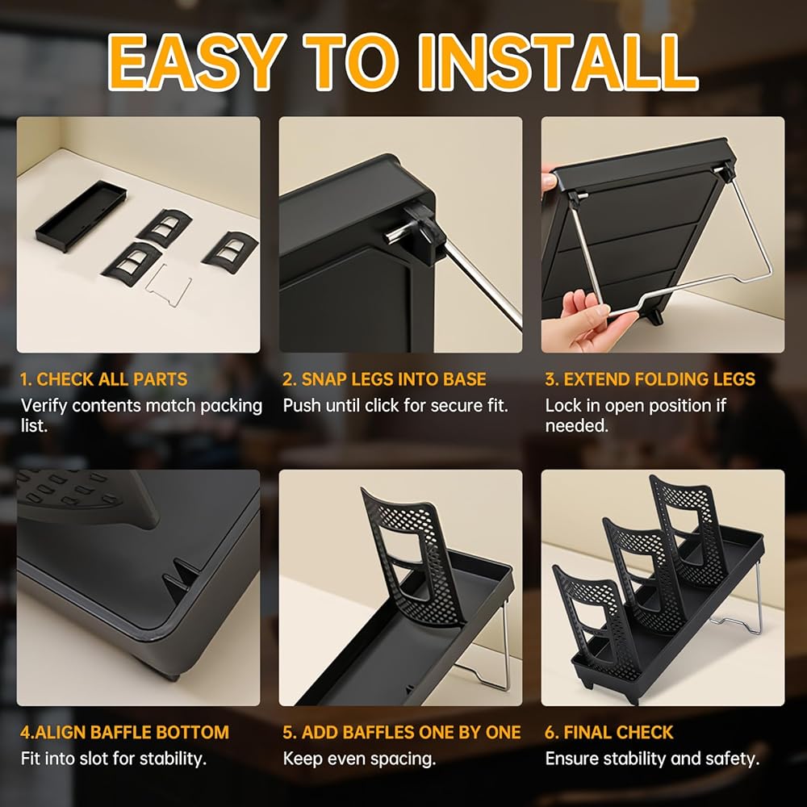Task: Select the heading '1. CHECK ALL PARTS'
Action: coord(104,379)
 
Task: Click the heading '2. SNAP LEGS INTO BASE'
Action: coord(384,379)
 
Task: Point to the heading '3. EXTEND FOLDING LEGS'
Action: coord(650,379)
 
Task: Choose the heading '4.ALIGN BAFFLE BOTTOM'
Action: coord(124,733)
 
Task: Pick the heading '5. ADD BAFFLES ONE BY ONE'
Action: coord(401,733)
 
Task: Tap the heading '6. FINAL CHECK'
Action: coord(608,733)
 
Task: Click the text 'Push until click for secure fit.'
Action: coord(395,406)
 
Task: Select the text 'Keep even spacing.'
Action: coord(359,759)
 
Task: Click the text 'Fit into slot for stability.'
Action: coord(113,759)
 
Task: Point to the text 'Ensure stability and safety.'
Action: coord(652,759)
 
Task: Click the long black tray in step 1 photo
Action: coord(81,216)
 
